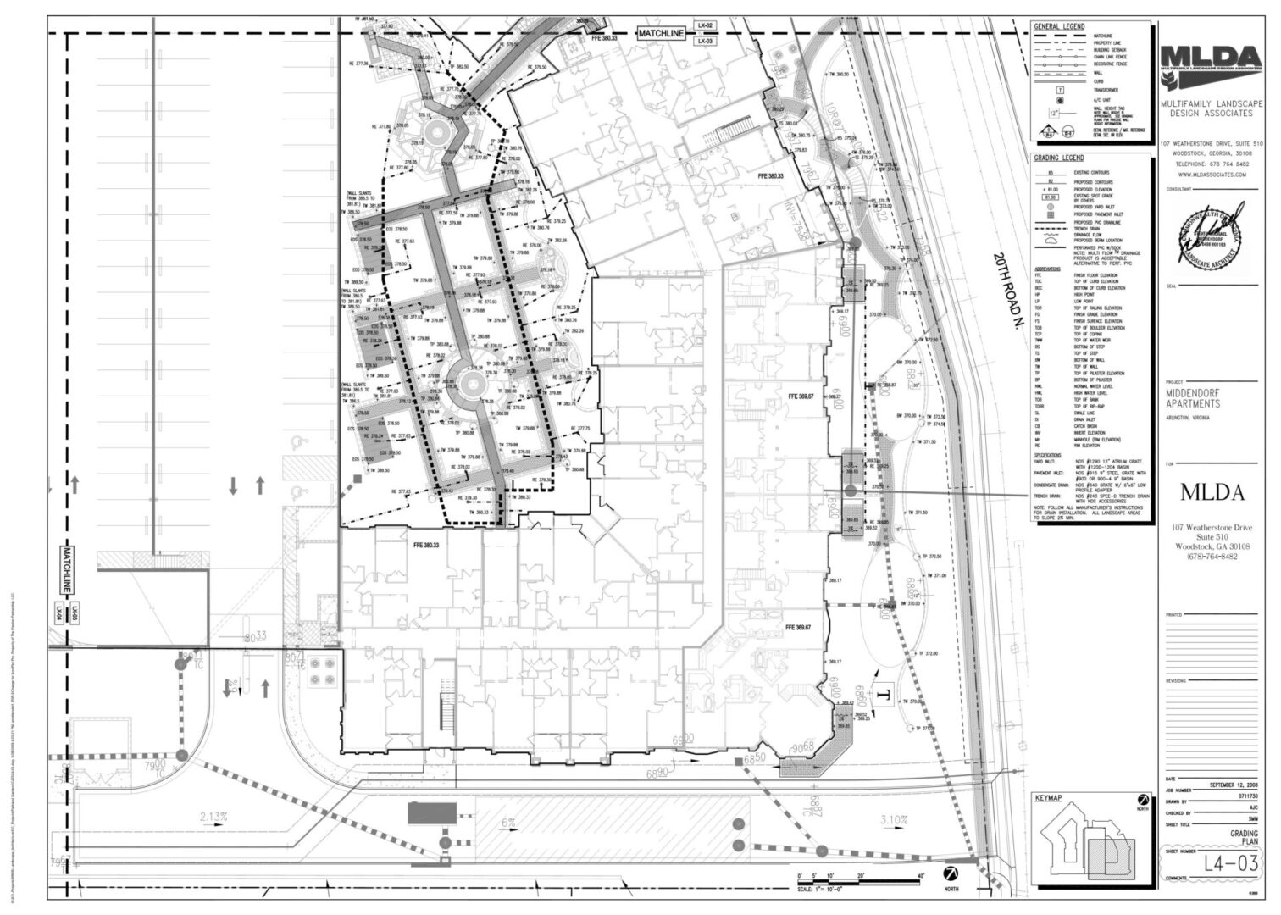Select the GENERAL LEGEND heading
pos(1059,26)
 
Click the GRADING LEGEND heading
pos(1059,158)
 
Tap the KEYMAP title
pos(1048,798)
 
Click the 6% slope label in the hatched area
pos(508,823)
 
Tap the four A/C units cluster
pos(324,671)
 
